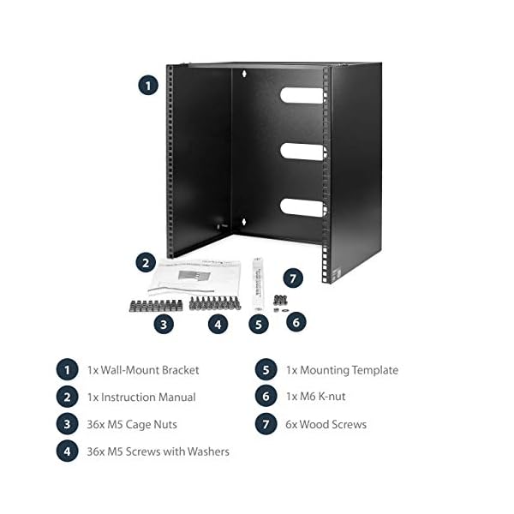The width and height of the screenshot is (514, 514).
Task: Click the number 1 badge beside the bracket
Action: pos(148,85)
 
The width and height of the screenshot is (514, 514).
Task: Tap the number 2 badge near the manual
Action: pos(145,263)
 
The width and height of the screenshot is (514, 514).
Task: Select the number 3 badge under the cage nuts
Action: pos(164,324)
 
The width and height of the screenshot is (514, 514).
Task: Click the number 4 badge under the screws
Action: pos(218,324)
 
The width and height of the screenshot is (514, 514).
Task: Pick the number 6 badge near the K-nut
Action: pos(296,322)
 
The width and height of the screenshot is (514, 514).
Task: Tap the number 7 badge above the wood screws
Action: pos(294,278)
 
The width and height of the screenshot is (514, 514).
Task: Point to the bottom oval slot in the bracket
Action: pos(301,206)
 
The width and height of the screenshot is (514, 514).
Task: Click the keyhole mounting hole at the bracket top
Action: pos(245,74)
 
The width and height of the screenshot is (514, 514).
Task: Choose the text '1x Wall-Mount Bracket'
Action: pos(143,370)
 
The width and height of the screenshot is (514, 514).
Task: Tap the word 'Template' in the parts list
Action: pos(372,370)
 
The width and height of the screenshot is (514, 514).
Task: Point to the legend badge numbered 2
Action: pos(67,397)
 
